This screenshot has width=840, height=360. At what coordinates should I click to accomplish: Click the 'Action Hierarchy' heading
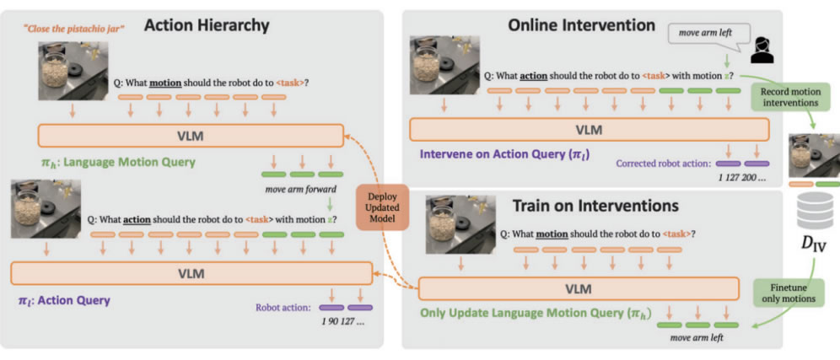pos(206,25)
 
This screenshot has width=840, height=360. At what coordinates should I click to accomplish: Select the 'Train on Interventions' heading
pos(595,206)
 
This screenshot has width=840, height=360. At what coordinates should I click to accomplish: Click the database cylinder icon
pos(815,211)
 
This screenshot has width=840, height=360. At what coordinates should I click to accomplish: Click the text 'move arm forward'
pos(300,189)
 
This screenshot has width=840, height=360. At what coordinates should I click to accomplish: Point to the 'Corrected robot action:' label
pos(663,164)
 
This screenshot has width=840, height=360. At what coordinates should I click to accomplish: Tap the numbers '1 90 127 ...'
pos(340,322)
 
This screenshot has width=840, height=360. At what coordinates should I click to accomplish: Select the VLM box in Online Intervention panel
pos(589,130)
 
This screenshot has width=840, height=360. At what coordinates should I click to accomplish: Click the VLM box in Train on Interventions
pos(578,288)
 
